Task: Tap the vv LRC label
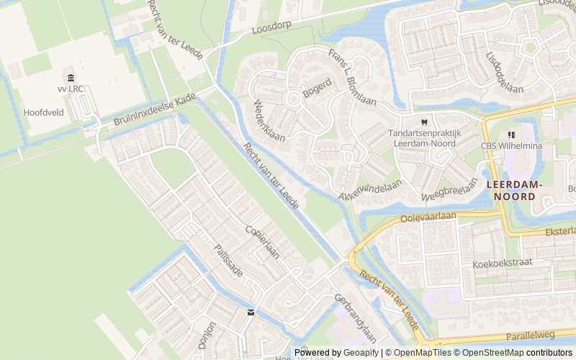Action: point(71,89)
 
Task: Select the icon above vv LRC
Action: point(71,78)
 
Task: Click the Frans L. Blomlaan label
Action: point(352,77)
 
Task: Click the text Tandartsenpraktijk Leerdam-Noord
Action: point(424,138)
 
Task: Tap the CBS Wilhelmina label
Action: point(512,146)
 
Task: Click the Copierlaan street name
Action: point(262,242)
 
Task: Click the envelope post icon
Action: point(251,312)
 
